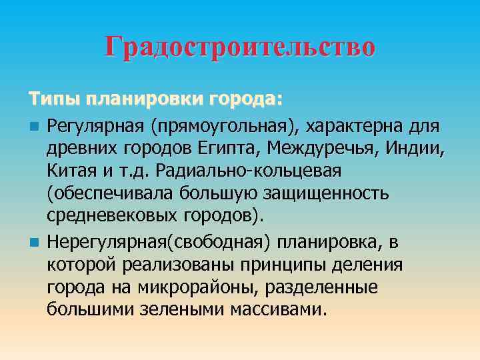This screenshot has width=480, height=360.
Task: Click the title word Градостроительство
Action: point(240,47)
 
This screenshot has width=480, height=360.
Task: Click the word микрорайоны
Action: point(192,287)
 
